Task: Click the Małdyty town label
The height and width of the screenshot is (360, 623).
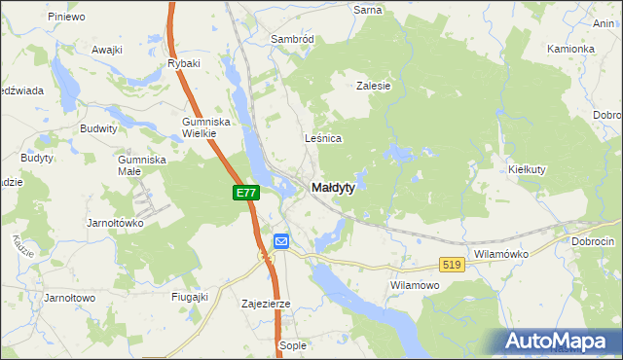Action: (332, 187)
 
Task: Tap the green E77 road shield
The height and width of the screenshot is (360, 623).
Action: (245, 194)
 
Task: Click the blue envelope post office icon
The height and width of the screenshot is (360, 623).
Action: (281, 241)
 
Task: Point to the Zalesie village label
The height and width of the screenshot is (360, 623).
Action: (374, 86)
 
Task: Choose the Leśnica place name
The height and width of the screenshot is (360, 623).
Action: (323, 139)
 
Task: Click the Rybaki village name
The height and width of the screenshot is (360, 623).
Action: (183, 64)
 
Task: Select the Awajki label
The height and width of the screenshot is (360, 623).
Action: (106, 49)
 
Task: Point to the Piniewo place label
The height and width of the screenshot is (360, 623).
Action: (65, 17)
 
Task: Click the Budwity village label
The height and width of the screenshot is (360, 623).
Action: (99, 128)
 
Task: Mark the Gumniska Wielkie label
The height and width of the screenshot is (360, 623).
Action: (204, 127)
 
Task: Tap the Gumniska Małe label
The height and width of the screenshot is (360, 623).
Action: (142, 164)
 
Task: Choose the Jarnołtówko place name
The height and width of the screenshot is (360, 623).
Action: (114, 223)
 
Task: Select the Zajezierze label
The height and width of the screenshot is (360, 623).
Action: (267, 304)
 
